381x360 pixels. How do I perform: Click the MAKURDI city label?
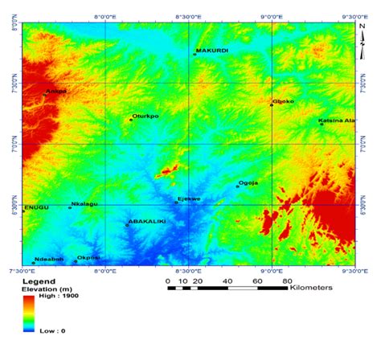pos(212,50)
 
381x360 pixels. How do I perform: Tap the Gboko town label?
pos(284,101)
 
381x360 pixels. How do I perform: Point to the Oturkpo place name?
pos(145,116)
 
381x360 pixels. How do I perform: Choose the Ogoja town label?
pos(249,182)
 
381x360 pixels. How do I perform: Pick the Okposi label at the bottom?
pos(88,257)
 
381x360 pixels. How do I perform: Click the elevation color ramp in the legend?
pos(31,314)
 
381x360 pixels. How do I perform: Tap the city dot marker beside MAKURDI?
pos(195,54)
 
